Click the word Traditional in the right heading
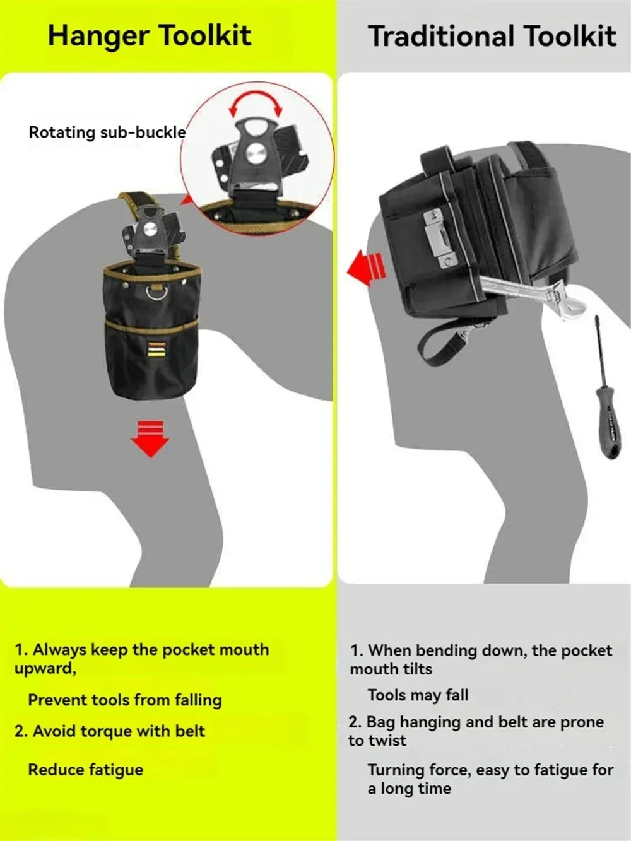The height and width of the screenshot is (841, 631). pos(441,36)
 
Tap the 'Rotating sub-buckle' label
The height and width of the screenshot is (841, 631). pos(107,132)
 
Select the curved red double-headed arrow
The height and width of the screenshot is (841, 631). pos(255,100)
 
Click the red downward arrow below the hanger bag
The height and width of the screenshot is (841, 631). pos(150,438)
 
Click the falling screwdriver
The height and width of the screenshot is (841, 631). pos(604,387)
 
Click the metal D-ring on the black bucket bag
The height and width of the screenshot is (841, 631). pos(156,293)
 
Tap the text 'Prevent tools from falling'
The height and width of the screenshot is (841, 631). pos(125,700)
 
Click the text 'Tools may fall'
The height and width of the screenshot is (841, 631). pos(418,695)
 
